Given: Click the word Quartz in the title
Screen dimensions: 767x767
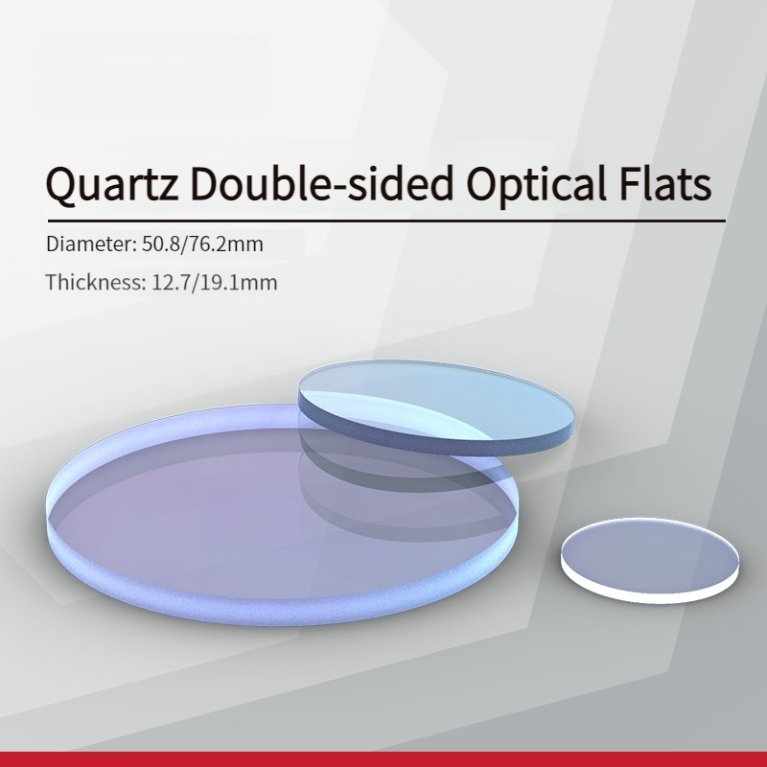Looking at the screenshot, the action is click(111, 184).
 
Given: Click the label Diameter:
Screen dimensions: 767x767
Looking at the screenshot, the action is click(91, 244).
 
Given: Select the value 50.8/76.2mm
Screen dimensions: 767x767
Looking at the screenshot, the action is click(202, 244).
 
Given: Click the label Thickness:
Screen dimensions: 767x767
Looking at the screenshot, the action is click(96, 282).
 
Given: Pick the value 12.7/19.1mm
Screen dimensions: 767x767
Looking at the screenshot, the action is click(215, 282).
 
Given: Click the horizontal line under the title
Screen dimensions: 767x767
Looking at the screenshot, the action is click(386, 221).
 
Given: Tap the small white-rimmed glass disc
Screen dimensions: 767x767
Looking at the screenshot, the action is click(650, 560).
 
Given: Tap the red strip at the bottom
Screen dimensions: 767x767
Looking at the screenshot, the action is click(383, 759).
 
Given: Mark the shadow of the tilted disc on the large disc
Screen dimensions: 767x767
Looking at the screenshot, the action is click(391, 494).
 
